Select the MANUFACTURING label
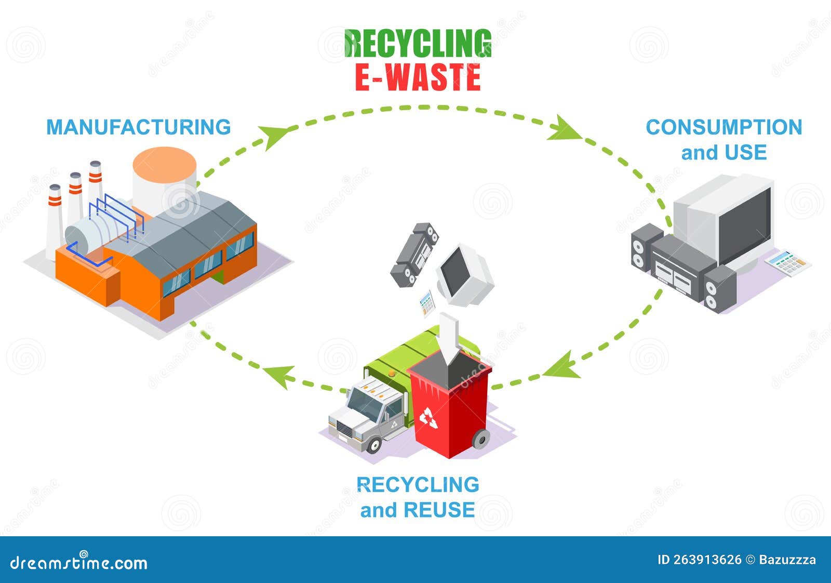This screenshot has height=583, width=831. [x=139, y=127]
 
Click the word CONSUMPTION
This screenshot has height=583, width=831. [x=723, y=127]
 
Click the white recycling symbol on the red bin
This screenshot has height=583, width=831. [x=428, y=418]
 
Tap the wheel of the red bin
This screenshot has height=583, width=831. [x=481, y=440]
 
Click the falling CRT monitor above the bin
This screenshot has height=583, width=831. [x=464, y=274]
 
